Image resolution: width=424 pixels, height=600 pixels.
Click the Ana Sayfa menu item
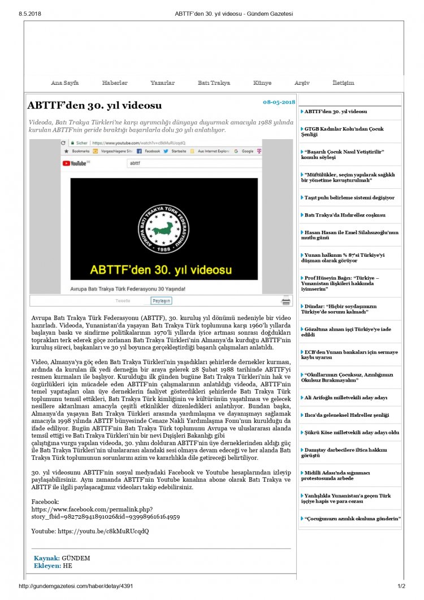pyautogui.click(x=64, y=83)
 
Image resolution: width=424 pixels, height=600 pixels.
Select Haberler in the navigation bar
pyautogui.click(x=115, y=83)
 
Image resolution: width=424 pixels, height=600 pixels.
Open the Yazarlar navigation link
pyautogui.click(x=162, y=83)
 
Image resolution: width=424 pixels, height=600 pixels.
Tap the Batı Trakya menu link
pyautogui.click(x=214, y=83)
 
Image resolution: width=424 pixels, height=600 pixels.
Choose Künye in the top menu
pyautogui.click(x=262, y=83)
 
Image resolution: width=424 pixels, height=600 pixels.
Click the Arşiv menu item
pyautogui.click(x=302, y=83)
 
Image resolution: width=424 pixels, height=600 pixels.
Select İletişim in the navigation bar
pyautogui.click(x=343, y=83)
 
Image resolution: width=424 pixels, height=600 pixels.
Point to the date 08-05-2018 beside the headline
pyautogui.click(x=279, y=102)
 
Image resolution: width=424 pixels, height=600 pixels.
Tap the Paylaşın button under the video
pyautogui.click(x=161, y=301)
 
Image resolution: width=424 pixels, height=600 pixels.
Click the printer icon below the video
pyautogui.click(x=287, y=301)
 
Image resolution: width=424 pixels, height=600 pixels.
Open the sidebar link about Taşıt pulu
pyautogui.click(x=349, y=198)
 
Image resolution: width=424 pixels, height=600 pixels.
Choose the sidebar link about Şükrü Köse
pyautogui.click(x=352, y=433)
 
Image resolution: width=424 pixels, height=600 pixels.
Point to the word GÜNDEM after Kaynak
pyautogui.click(x=76, y=558)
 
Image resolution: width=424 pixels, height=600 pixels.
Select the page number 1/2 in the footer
pyautogui.click(x=401, y=586)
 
